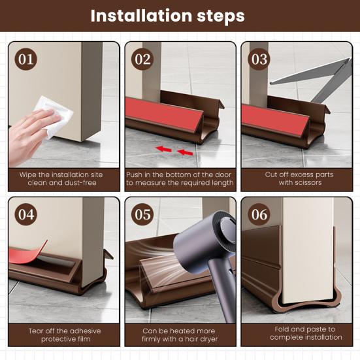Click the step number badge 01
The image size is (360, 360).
(27, 59)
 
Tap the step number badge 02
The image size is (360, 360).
(142, 59)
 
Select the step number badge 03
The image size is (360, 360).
(259, 59)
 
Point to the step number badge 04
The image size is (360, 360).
(27, 214)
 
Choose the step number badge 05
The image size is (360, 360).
(142, 214)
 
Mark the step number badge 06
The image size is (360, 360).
(259, 214)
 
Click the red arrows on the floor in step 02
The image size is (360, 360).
(174, 151)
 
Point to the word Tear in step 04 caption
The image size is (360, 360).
(37, 330)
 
